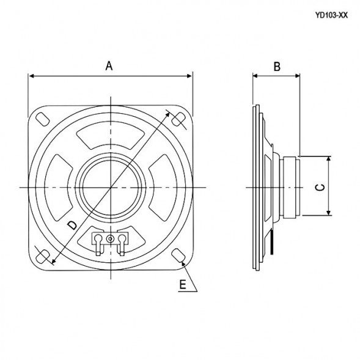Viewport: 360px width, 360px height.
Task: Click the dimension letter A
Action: click(x=109, y=65)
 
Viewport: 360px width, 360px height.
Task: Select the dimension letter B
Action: click(x=276, y=67)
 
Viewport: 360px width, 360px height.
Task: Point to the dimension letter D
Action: click(x=72, y=226)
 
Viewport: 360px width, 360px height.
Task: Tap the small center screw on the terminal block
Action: click(x=110, y=238)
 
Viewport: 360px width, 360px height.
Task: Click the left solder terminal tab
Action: click(x=97, y=241)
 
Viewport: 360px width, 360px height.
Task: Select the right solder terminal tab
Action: click(x=123, y=241)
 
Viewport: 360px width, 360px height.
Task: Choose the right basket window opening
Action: click(x=160, y=186)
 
